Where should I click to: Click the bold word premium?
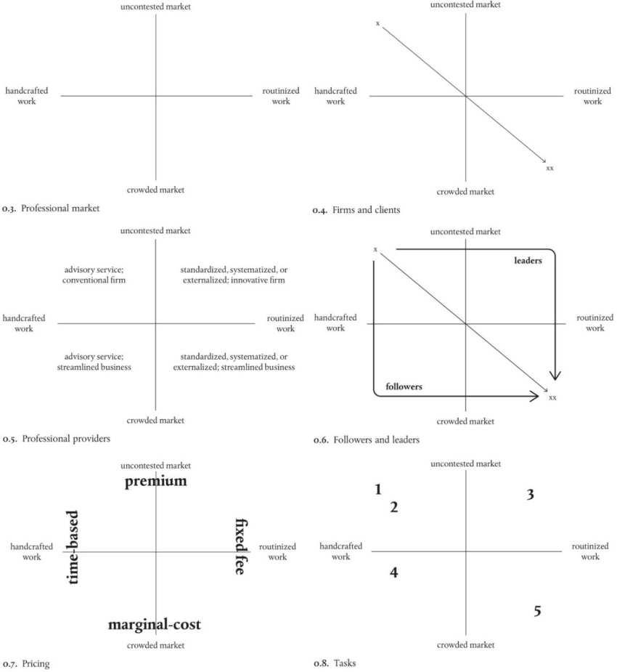155,482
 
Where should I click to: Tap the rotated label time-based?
73,547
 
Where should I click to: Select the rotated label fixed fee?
240,546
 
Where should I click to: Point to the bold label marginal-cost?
154,625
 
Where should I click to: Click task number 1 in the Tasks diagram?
378,490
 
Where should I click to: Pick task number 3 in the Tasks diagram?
531,495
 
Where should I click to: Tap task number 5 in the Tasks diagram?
537,611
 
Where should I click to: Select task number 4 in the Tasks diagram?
394,572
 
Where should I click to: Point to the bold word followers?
404,387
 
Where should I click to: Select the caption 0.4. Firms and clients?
356,211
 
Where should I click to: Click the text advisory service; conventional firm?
94,275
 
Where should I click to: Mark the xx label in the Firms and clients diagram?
549,168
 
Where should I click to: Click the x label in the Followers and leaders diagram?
375,250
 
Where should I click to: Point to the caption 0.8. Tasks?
335,663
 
